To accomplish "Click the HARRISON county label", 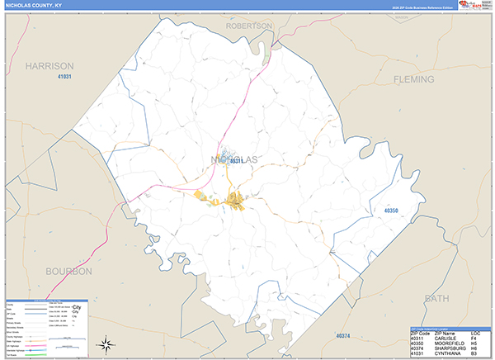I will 49,65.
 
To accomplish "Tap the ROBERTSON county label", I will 248,26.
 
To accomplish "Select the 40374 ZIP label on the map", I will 343,336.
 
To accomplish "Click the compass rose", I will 106,343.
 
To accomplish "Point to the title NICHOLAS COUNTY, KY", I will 36,5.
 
